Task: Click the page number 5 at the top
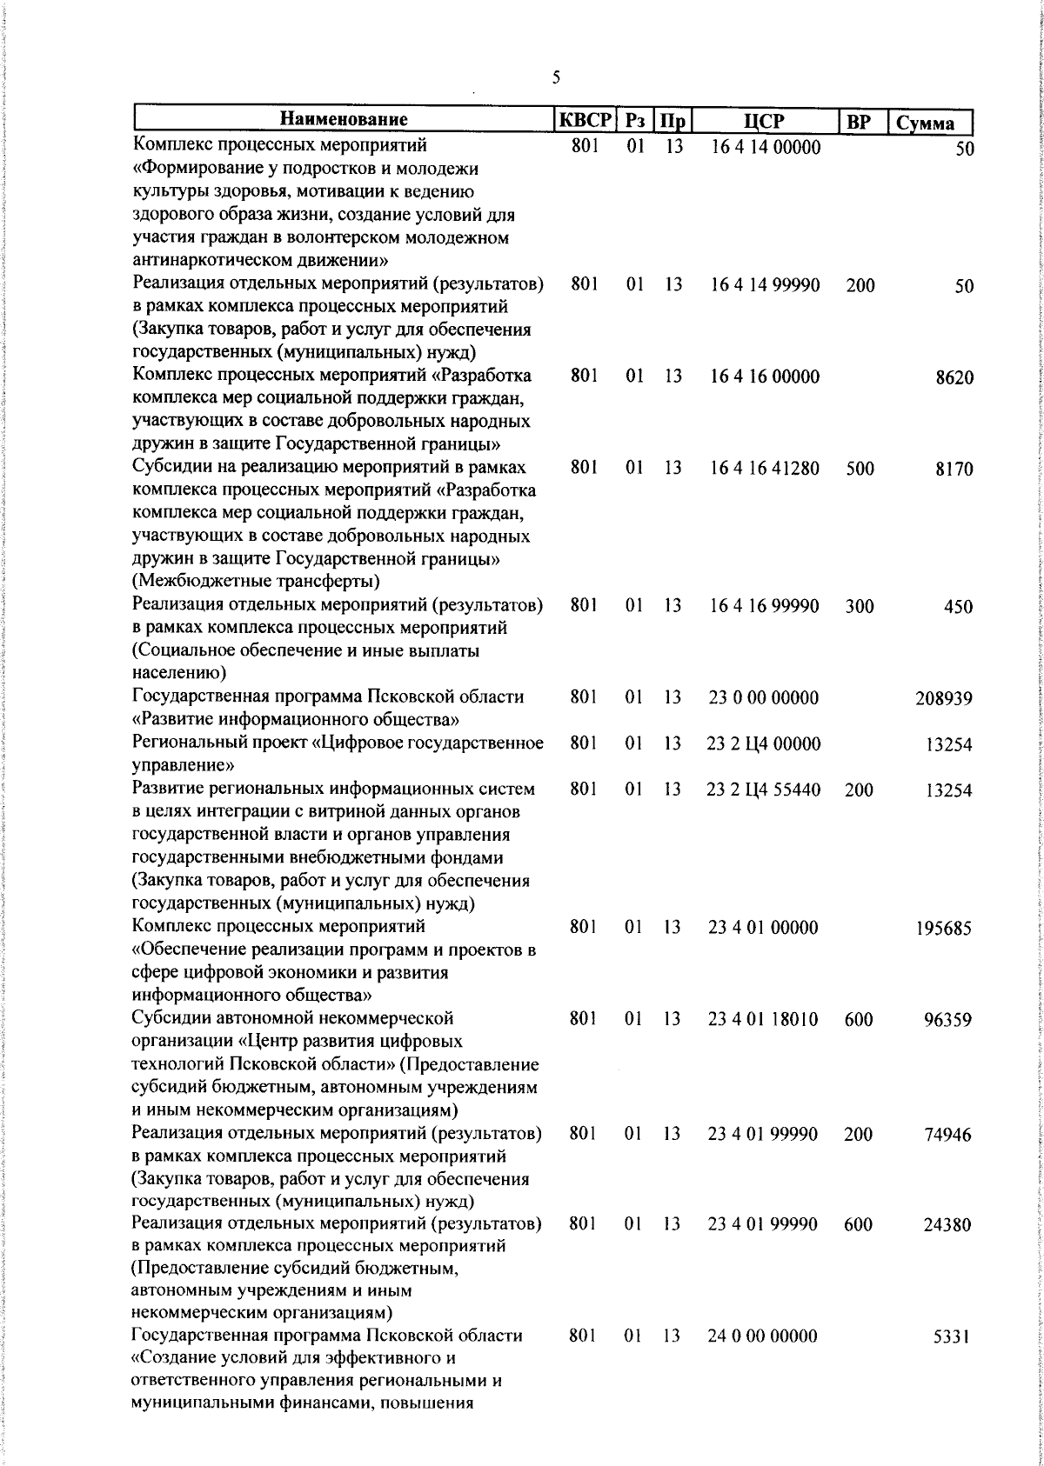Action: (555, 78)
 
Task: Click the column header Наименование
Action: (344, 120)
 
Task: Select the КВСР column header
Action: (585, 120)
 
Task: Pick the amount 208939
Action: (944, 698)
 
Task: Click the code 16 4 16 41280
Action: (765, 469)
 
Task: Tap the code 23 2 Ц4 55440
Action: (764, 790)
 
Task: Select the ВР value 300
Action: (860, 607)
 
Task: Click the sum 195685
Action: (944, 929)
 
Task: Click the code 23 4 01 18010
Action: (763, 1019)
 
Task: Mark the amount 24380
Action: (947, 1225)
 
